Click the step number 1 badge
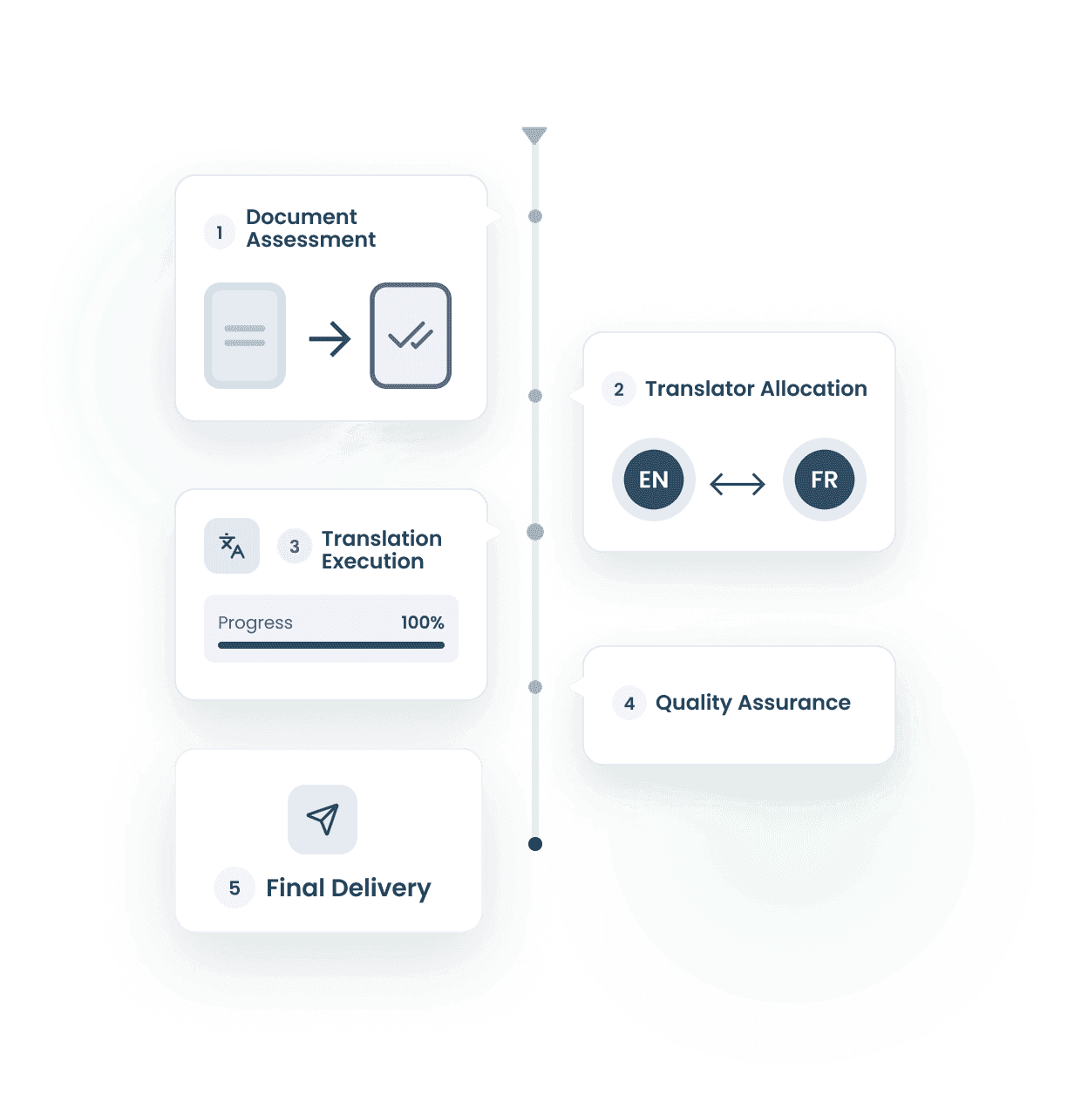pos(219,233)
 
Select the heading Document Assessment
pos(309,228)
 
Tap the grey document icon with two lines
pos(245,336)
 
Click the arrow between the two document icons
pos(330,338)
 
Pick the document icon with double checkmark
pos(411,336)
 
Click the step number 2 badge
pos(618,390)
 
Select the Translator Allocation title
pos(755,389)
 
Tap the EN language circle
pos(653,480)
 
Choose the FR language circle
pos(824,480)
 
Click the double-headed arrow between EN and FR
pos(738,483)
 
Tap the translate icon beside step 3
pos(232,546)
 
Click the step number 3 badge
pos(295,547)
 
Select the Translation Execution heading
pos(381,550)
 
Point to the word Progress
pos(255,623)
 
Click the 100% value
pos(422,623)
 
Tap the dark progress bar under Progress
pos(331,645)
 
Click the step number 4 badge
pos(629,704)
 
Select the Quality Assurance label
pos(752,703)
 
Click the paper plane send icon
pos(323,819)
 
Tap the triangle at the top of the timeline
pos(534,135)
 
